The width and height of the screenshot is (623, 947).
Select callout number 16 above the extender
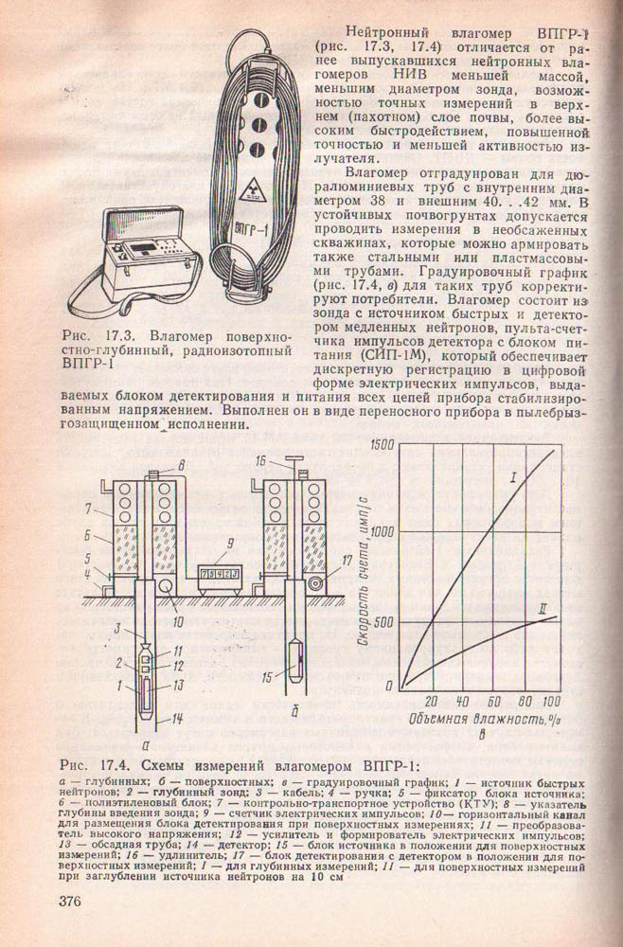point(260,461)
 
